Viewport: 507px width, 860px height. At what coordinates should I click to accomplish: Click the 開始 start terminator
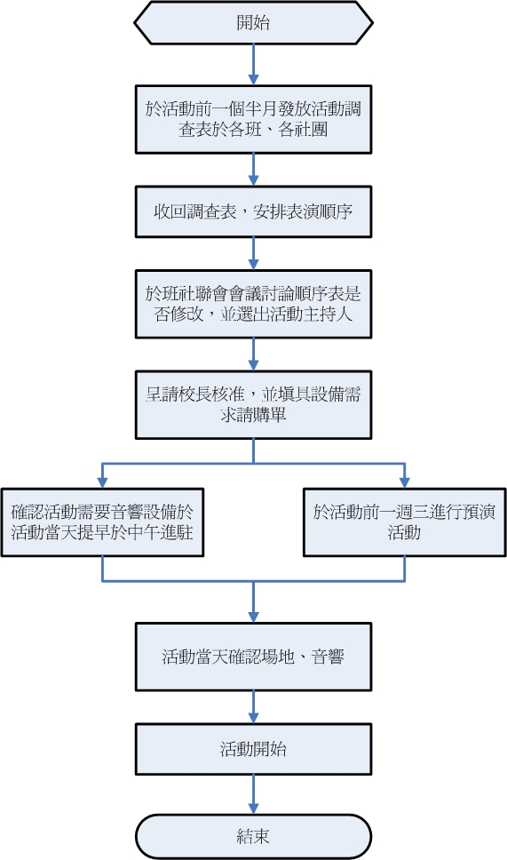coord(253,23)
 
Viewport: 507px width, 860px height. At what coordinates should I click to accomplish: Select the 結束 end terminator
coord(253,836)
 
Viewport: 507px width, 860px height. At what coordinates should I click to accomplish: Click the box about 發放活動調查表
coord(253,119)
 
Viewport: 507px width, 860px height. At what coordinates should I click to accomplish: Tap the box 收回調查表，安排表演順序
coord(253,211)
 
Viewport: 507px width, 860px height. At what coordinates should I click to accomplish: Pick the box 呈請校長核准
coord(253,404)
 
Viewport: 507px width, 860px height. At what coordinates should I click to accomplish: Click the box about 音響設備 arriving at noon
coord(103,522)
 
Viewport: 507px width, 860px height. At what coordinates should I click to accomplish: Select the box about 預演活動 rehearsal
coord(404,522)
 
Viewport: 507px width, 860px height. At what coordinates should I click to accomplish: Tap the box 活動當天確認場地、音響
coord(253,657)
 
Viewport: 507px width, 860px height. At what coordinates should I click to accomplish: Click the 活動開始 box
coord(253,749)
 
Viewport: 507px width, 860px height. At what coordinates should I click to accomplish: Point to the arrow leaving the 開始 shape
coord(253,64)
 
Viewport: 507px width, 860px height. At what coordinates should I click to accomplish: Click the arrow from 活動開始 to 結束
coord(253,794)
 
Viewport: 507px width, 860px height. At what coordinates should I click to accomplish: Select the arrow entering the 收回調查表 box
coord(253,169)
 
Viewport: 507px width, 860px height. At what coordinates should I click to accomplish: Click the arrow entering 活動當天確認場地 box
coord(253,604)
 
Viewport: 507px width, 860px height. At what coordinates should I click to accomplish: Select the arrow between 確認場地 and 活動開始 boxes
coord(253,706)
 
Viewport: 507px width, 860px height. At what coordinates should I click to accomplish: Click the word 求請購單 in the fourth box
coord(253,415)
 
